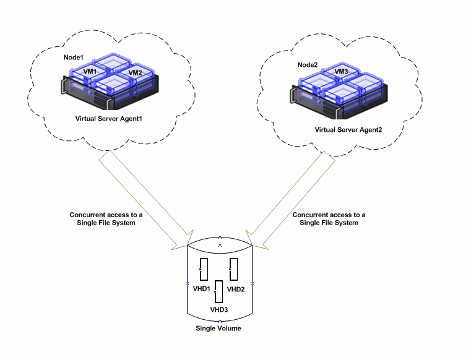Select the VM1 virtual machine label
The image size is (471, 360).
(x=91, y=72)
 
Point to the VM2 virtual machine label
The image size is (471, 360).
(x=136, y=73)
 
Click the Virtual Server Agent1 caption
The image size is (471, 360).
(x=108, y=118)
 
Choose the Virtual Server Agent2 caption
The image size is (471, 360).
(x=348, y=130)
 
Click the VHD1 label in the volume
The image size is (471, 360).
(x=202, y=289)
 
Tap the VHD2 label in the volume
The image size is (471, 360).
(x=236, y=289)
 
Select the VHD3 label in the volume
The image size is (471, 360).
(x=219, y=309)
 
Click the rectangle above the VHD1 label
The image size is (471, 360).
(x=203, y=270)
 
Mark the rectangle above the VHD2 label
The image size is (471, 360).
(x=234, y=270)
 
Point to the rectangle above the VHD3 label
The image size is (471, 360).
(x=218, y=291)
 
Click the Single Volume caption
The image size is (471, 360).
(x=218, y=328)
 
